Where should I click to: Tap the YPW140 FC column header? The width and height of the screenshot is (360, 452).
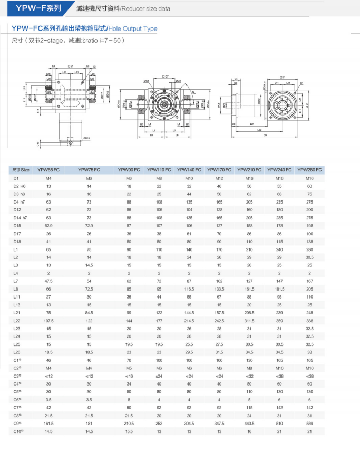click(x=189, y=170)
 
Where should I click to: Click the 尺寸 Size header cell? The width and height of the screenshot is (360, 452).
click(x=21, y=170)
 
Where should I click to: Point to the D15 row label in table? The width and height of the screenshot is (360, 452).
click(x=17, y=226)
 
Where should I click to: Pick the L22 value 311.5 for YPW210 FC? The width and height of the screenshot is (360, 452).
click(x=249, y=320)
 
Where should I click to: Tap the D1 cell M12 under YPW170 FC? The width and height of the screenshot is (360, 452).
click(x=219, y=178)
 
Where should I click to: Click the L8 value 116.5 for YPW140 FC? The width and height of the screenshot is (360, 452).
click(x=189, y=288)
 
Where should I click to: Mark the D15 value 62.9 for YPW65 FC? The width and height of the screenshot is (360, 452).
click(x=49, y=226)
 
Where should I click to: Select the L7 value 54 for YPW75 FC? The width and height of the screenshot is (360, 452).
click(x=89, y=281)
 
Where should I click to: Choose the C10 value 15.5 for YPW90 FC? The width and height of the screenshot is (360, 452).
click(x=129, y=431)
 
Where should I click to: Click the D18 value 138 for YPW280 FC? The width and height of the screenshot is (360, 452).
click(x=309, y=242)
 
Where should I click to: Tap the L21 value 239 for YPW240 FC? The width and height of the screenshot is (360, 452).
click(x=279, y=312)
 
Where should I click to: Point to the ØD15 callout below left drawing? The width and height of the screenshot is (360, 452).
click(x=85, y=138)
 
